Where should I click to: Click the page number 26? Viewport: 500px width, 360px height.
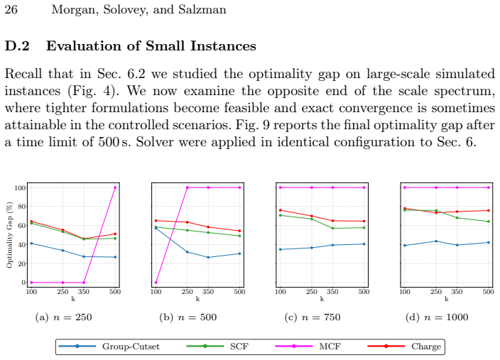coord(11,9)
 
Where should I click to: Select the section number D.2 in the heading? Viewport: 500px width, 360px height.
coord(17,46)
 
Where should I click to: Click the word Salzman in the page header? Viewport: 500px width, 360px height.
coord(202,9)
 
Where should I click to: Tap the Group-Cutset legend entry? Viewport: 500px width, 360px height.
coord(109,347)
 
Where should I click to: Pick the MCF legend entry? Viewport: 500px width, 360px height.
coord(308,347)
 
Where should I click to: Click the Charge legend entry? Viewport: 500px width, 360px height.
coord(404,347)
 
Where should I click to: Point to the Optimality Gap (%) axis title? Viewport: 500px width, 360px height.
coord(9,235)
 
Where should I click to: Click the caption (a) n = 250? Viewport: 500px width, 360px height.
coord(63,317)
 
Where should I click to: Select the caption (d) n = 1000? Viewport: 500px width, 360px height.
coord(437,317)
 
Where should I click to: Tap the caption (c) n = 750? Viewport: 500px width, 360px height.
coord(312,317)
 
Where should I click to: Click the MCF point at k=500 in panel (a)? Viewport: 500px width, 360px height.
coord(115,187)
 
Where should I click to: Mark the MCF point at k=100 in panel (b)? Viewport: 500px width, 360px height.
coord(156,283)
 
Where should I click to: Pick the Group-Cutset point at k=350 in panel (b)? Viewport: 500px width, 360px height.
coord(208,257)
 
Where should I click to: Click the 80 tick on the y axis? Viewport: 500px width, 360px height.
coord(20,207)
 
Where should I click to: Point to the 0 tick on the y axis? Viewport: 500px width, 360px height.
coord(23,283)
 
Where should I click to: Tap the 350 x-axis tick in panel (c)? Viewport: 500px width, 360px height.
coord(332,291)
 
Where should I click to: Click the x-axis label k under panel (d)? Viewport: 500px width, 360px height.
coord(447,299)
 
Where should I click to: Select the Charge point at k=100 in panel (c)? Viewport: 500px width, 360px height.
coord(281,210)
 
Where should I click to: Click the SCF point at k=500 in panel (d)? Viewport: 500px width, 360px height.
coord(489,222)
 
